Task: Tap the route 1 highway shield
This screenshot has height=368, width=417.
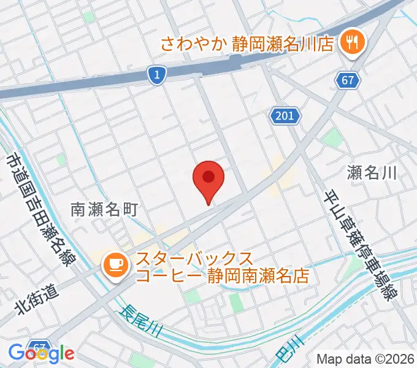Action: [158, 75]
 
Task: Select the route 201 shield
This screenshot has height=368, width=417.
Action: [285, 115]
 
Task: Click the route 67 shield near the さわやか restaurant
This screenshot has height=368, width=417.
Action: [347, 80]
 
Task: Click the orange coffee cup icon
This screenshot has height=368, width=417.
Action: [115, 264]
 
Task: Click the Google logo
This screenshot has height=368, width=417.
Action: [41, 353]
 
